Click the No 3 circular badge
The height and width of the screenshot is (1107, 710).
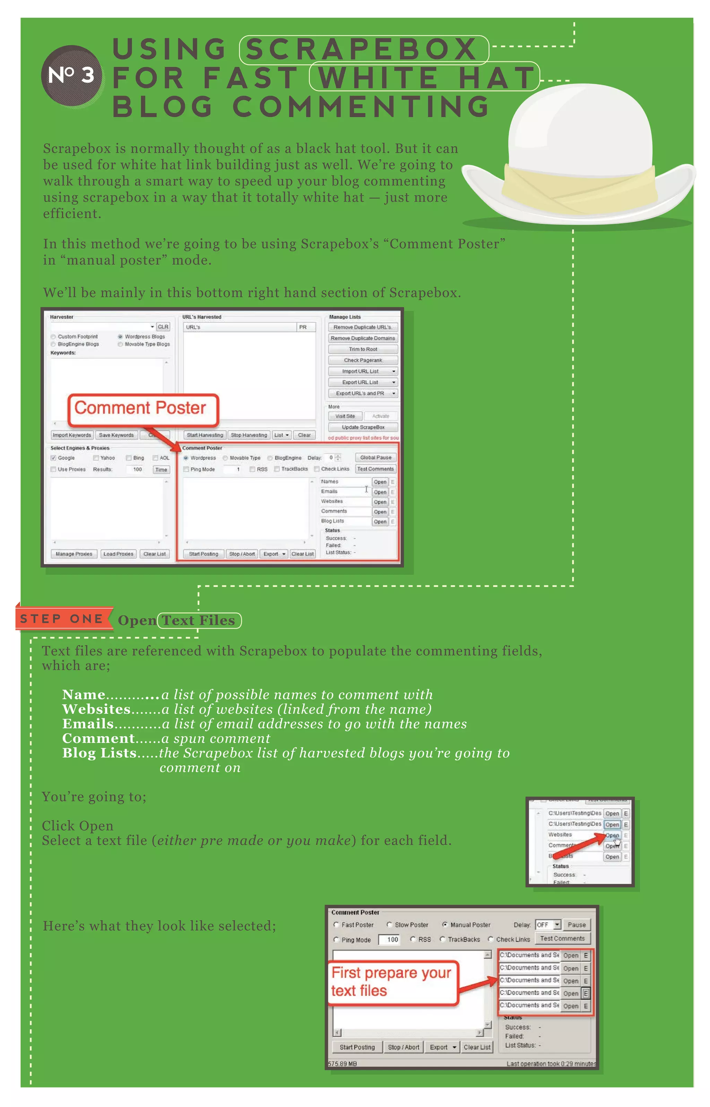click(x=71, y=76)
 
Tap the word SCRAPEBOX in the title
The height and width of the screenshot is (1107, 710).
click(x=363, y=49)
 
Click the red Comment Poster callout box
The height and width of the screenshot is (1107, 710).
click(x=143, y=409)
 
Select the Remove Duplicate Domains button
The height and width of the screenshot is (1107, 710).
click(x=363, y=338)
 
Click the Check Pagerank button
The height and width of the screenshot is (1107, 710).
click(x=363, y=360)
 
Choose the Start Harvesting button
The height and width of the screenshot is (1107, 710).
click(x=205, y=435)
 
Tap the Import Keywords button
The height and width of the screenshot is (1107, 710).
click(x=72, y=435)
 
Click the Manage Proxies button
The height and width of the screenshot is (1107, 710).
click(x=74, y=554)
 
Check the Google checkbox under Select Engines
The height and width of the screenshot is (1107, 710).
click(x=53, y=458)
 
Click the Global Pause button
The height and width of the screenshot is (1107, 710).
click(x=376, y=457)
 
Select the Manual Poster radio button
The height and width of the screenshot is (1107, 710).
click(x=445, y=925)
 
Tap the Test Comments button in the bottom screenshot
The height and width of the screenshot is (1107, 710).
click(x=562, y=938)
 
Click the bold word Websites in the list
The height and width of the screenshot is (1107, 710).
click(x=96, y=709)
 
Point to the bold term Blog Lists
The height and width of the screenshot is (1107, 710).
click(x=99, y=753)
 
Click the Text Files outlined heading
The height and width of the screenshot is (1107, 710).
click(x=199, y=620)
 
